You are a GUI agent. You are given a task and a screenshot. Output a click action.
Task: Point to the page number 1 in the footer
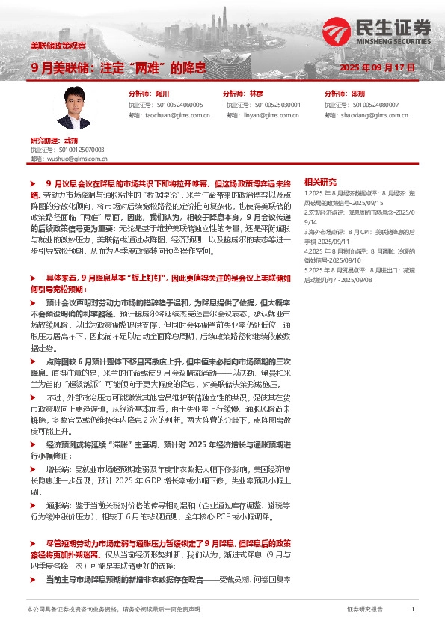(x=413, y=610)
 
